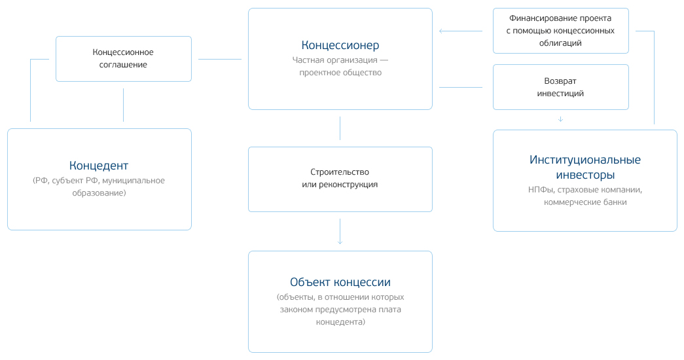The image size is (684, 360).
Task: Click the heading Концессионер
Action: click(x=340, y=45)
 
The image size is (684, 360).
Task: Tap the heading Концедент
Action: click(x=99, y=165)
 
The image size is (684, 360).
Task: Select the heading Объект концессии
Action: click(x=340, y=282)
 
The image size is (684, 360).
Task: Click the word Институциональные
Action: click(x=585, y=160)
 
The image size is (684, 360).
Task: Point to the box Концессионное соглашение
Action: click(x=124, y=58)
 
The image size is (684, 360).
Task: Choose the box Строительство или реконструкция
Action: click(x=340, y=179)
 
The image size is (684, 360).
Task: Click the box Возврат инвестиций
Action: click(x=560, y=86)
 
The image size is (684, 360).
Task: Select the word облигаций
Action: click(x=560, y=43)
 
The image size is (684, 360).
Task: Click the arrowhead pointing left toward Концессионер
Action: click(x=442, y=31)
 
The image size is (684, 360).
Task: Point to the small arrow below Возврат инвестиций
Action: click(x=560, y=119)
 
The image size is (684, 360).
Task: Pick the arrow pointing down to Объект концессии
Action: click(x=340, y=241)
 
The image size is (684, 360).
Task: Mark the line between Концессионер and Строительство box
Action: click(x=340, y=128)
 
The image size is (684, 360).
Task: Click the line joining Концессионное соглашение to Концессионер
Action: click(x=219, y=60)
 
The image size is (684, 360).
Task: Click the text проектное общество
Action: click(x=340, y=73)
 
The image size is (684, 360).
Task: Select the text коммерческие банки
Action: click(x=585, y=202)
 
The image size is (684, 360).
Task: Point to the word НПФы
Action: click(x=541, y=190)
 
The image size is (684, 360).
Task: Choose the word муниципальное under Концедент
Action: click(x=134, y=181)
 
